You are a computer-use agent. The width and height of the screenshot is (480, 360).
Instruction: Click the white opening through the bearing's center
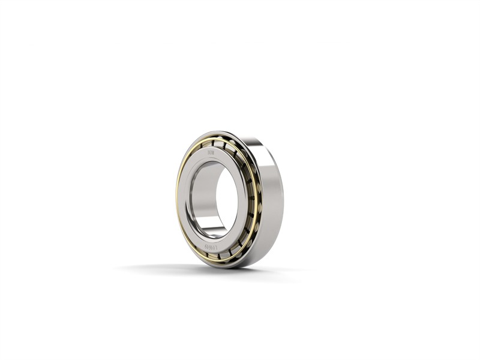coord(226,198)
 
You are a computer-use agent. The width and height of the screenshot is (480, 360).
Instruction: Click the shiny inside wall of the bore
coord(201,198)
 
